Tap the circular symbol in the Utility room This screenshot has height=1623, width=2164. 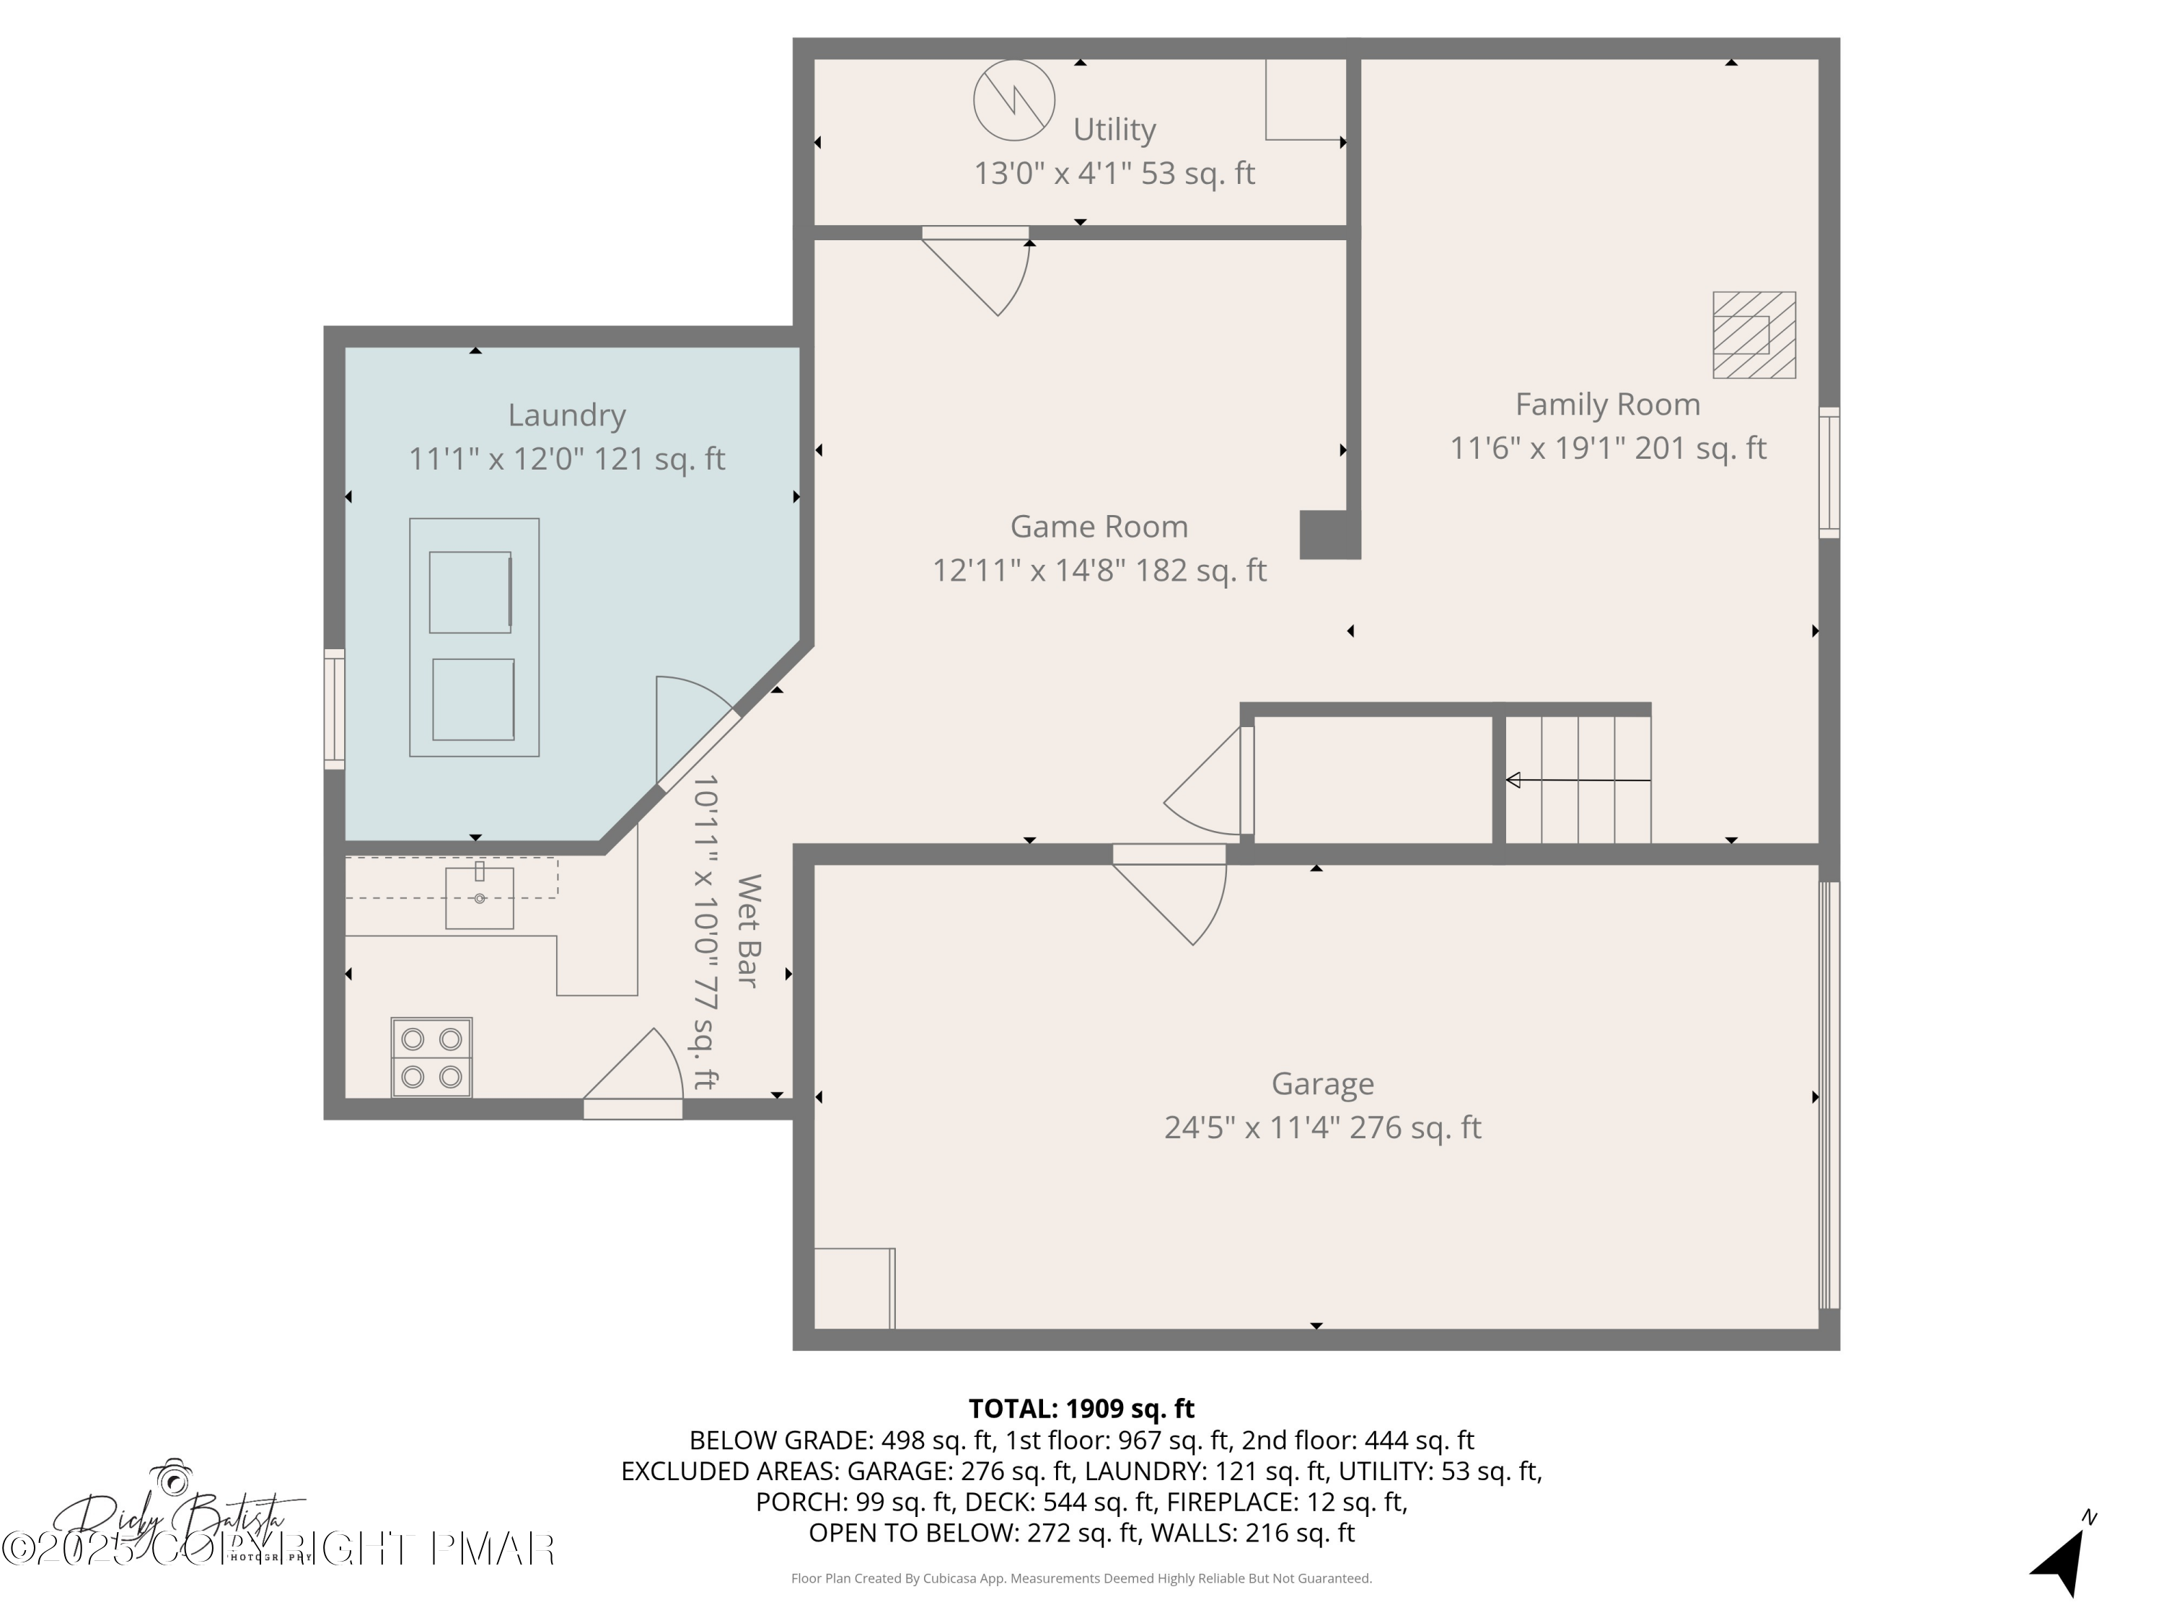click(1013, 100)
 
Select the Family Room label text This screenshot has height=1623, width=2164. click(1606, 404)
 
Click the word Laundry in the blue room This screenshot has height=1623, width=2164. click(566, 415)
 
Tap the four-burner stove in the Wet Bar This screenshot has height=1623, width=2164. click(431, 1057)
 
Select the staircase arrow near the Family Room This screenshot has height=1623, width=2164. click(1577, 780)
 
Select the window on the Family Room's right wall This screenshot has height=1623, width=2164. click(1829, 472)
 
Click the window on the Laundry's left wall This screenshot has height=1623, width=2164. click(335, 708)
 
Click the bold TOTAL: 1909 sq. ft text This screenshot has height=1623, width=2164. click(1081, 1409)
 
